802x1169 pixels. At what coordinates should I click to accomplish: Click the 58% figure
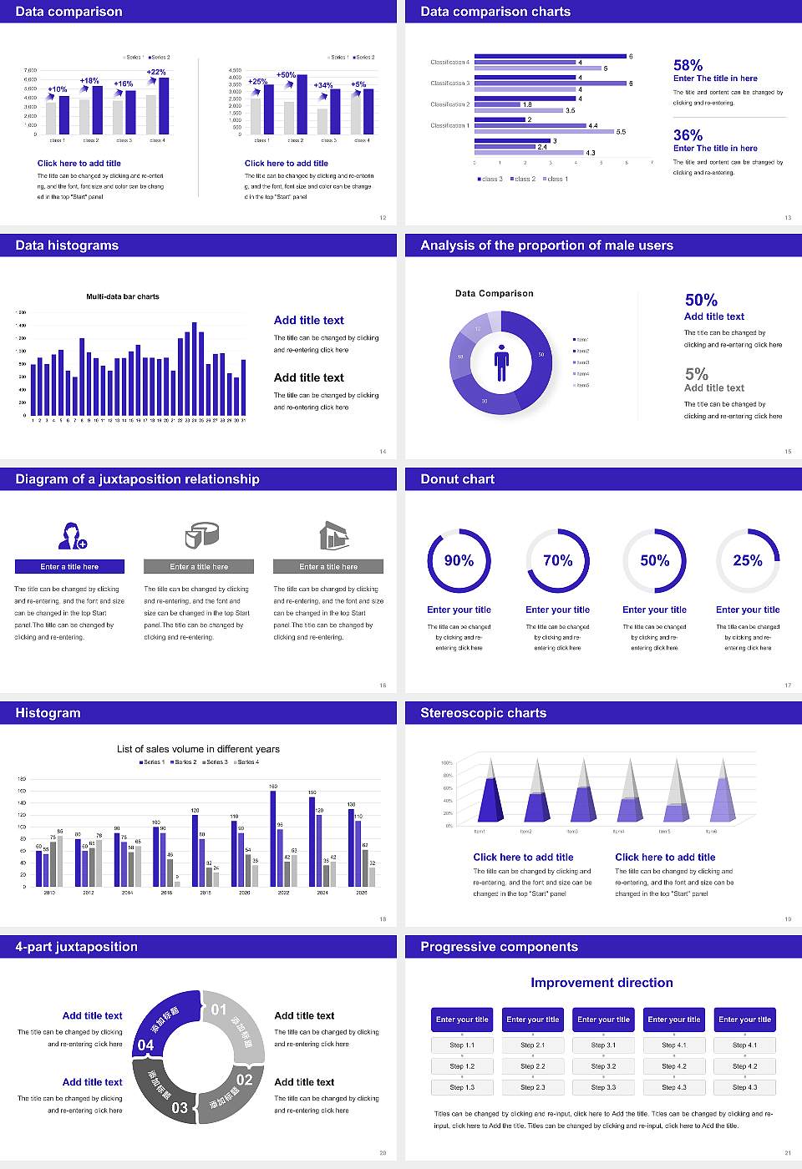coord(688,65)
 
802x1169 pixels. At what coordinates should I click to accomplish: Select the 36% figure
coord(688,135)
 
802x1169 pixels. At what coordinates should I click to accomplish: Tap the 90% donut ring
coord(459,560)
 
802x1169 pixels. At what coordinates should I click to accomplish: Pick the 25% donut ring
coord(748,560)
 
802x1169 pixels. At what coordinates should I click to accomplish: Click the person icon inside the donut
coord(501,362)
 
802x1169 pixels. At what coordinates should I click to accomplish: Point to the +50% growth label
coord(286,75)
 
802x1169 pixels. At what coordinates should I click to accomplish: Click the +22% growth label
coord(156,73)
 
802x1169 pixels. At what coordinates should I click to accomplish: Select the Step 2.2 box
coord(533,1066)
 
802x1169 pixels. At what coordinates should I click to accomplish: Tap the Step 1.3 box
coord(462,1087)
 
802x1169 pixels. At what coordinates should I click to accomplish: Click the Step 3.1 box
coord(603,1045)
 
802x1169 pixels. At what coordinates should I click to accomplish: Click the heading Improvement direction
coord(601,983)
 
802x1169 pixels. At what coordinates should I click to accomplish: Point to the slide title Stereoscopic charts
coord(483,713)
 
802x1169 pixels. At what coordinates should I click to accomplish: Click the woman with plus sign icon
coord(72,536)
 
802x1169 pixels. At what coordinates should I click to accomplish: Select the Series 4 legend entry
coord(247,762)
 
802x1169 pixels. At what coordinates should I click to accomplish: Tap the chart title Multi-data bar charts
coord(123,296)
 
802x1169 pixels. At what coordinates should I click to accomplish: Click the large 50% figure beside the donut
coord(701,300)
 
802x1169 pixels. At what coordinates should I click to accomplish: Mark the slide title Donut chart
coord(457,479)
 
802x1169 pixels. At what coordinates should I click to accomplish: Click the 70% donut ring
coord(557,560)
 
